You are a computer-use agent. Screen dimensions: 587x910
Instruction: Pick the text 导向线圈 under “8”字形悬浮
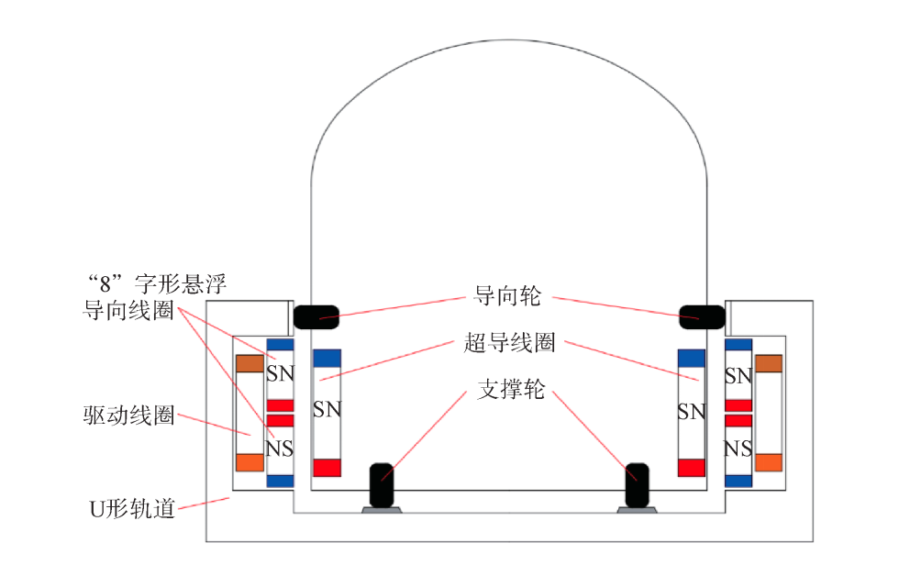click(128, 310)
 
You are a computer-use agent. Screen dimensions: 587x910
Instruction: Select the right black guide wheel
click(702, 316)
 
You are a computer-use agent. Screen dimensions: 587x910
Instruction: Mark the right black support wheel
click(637, 484)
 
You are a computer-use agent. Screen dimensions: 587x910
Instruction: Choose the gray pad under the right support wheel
click(637, 510)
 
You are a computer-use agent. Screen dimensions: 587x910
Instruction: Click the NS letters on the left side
click(280, 449)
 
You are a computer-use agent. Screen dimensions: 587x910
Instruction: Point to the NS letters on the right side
click(738, 449)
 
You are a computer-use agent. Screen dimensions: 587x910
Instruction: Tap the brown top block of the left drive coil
click(250, 364)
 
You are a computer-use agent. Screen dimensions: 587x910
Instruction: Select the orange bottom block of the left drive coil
click(250, 461)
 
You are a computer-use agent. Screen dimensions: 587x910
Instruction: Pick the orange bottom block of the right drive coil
click(769, 461)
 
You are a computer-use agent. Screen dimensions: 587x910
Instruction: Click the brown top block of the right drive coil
click(769, 364)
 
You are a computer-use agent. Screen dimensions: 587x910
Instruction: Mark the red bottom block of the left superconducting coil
click(327, 468)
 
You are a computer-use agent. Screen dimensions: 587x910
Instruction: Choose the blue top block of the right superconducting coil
click(691, 358)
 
